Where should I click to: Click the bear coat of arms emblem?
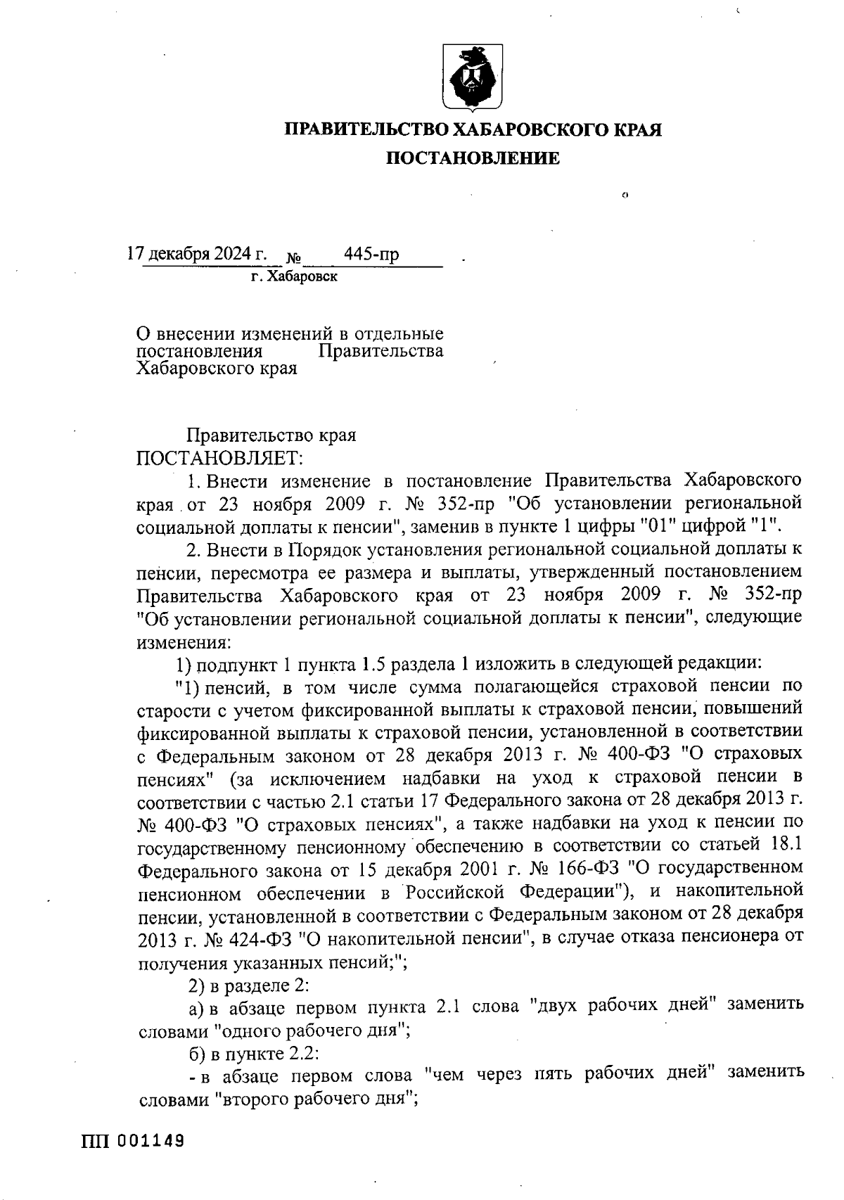(x=472, y=77)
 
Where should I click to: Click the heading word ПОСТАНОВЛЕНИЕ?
(x=472, y=159)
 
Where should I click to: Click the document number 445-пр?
(x=371, y=253)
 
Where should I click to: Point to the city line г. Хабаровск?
(x=294, y=276)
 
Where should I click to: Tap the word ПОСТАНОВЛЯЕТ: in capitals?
(x=219, y=458)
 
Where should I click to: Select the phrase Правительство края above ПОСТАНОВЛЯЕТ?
(x=271, y=435)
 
